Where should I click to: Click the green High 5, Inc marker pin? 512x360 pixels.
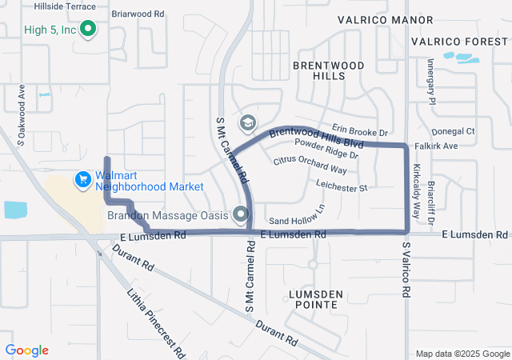point(90,30)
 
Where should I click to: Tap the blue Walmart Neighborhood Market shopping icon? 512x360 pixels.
point(82,180)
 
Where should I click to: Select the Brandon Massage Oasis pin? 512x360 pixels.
point(241,214)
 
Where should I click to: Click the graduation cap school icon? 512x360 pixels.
point(247,123)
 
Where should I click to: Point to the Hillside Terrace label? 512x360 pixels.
point(65,6)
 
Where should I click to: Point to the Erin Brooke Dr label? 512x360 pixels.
point(360,131)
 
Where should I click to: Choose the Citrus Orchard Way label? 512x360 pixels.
point(310,165)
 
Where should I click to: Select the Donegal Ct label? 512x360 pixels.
point(453,131)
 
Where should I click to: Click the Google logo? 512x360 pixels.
point(27,350)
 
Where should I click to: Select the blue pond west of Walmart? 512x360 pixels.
point(15,210)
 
